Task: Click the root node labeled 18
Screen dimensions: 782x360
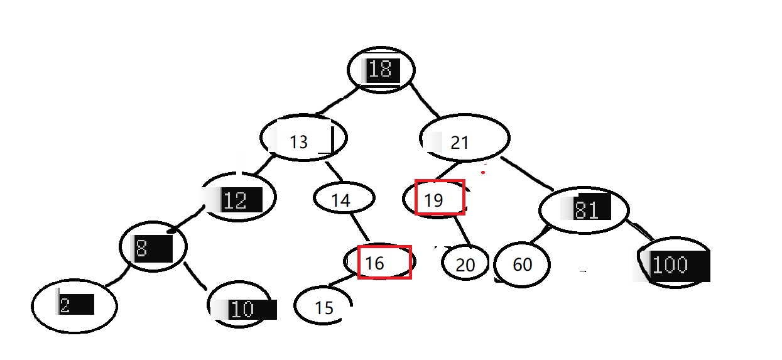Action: pos(381,69)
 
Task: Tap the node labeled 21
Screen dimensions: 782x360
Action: pos(464,138)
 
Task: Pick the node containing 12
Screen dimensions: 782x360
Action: pos(239,198)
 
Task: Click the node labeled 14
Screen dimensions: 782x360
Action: pos(344,199)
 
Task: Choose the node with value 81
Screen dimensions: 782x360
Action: pos(584,209)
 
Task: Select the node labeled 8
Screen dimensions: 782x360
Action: pos(153,247)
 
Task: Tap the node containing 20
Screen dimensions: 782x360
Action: pos(465,264)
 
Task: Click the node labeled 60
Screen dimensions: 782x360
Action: pos(522,265)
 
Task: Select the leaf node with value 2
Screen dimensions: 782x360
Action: pos(75,306)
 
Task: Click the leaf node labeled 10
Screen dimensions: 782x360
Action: pos(241,307)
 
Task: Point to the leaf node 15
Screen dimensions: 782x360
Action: pos(323,307)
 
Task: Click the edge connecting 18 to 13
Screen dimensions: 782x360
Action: pos(337,101)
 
